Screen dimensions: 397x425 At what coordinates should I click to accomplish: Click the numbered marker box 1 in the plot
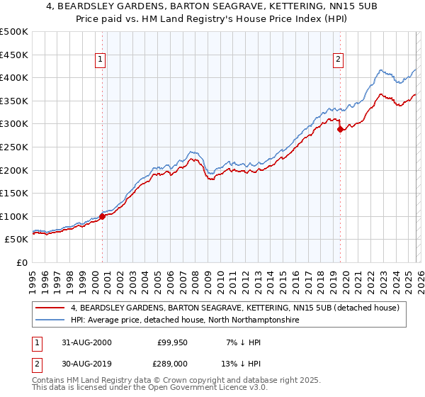point(101,60)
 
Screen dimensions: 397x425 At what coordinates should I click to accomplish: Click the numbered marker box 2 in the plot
point(339,60)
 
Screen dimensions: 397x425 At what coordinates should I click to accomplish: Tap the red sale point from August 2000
point(103,216)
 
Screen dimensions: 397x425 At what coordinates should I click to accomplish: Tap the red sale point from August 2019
point(341,129)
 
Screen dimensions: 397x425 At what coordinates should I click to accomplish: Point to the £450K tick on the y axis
point(14,55)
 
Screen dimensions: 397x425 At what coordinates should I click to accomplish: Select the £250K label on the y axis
point(14,147)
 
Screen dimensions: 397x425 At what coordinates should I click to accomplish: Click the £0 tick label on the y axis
point(22,262)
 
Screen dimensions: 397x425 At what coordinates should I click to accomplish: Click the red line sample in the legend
point(50,308)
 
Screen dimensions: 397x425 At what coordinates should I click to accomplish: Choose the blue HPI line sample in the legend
point(50,320)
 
